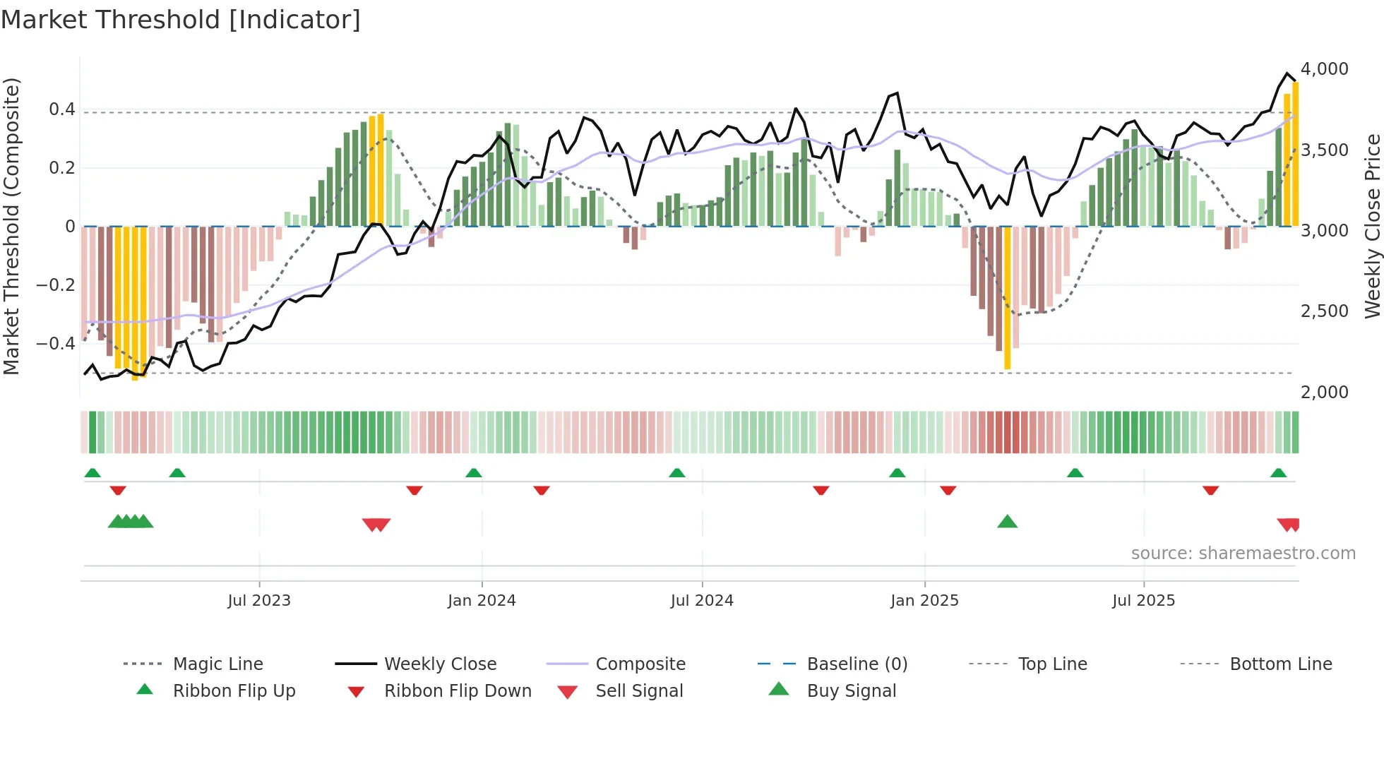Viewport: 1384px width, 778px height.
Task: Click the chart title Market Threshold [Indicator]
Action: pos(181,20)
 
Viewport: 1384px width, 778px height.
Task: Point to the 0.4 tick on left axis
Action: pos(61,109)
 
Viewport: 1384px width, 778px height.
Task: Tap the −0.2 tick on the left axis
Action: pos(56,285)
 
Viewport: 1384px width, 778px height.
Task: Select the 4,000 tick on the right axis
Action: pos(1324,69)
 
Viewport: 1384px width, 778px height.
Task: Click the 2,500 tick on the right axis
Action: pos(1324,311)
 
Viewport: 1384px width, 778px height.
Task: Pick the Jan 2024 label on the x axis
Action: pos(482,601)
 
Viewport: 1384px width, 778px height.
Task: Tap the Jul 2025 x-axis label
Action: pos(1143,601)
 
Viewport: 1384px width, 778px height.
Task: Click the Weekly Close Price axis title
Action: pos(1371,226)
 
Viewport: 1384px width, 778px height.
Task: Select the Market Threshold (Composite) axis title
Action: pos(11,226)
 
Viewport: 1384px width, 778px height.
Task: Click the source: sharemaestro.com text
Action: pos(1243,553)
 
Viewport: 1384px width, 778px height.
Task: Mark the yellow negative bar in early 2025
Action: pos(1007,297)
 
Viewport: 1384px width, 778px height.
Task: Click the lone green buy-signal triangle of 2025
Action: pos(1007,522)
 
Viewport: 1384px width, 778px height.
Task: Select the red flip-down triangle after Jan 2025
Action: pos(948,490)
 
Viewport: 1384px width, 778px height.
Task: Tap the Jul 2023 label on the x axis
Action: pos(259,601)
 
